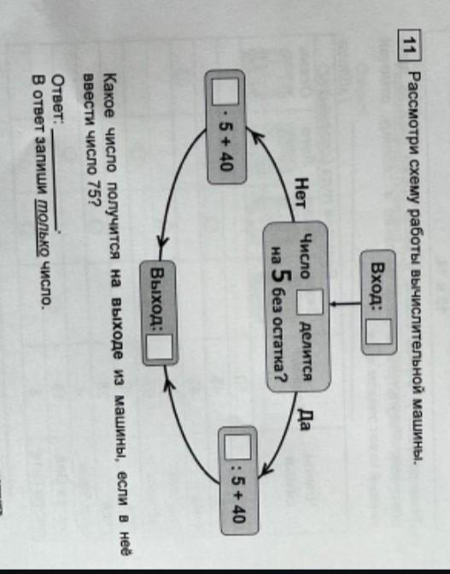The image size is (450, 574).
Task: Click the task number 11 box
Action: point(409,45)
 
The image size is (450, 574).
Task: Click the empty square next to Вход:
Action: point(379,332)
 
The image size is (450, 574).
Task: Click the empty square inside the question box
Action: point(309,302)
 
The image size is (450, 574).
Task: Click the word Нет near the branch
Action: point(301,193)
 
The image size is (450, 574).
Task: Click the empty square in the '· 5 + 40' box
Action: point(225,92)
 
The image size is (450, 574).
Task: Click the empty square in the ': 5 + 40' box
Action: point(237,447)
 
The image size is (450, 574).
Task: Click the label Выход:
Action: point(158,297)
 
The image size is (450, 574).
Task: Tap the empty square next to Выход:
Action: point(160,347)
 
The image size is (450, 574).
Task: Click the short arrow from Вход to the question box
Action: point(345,304)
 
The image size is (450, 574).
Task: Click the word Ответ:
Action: point(59,98)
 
